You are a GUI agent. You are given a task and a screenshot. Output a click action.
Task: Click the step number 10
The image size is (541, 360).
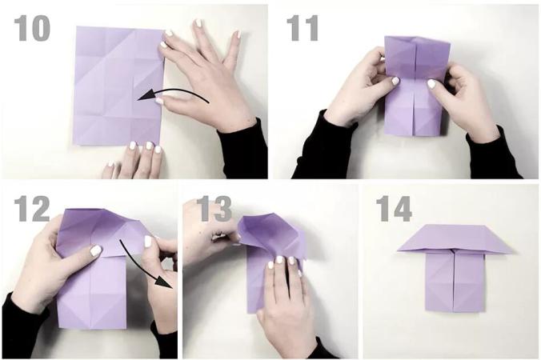(x=32, y=29)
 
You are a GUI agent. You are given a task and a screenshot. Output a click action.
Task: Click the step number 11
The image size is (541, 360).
(x=303, y=29)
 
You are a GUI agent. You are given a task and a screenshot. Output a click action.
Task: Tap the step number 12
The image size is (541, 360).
(x=32, y=210)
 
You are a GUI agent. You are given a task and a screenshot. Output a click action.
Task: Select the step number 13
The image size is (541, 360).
(x=215, y=210)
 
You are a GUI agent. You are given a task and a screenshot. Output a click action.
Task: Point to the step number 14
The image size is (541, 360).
(x=394, y=210)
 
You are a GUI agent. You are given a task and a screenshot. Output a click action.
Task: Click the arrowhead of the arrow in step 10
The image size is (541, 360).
(x=145, y=96)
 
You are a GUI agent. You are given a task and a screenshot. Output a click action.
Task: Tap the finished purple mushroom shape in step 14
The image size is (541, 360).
(x=453, y=267)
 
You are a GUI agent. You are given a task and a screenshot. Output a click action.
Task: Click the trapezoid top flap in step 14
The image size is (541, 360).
(x=453, y=238)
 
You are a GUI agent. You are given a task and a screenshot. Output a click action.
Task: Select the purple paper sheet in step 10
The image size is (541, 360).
(x=118, y=86)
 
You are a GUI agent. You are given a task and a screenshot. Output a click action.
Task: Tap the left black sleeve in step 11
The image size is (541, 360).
(x=323, y=146)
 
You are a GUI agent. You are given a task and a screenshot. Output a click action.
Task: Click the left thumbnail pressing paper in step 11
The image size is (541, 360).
(x=395, y=81)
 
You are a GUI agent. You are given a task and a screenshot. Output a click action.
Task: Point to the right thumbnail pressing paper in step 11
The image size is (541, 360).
(x=431, y=83)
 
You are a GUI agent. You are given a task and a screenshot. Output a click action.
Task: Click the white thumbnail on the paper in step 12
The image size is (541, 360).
(x=95, y=250)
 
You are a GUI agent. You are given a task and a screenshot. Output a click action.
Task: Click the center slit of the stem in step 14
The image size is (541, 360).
(x=453, y=280)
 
